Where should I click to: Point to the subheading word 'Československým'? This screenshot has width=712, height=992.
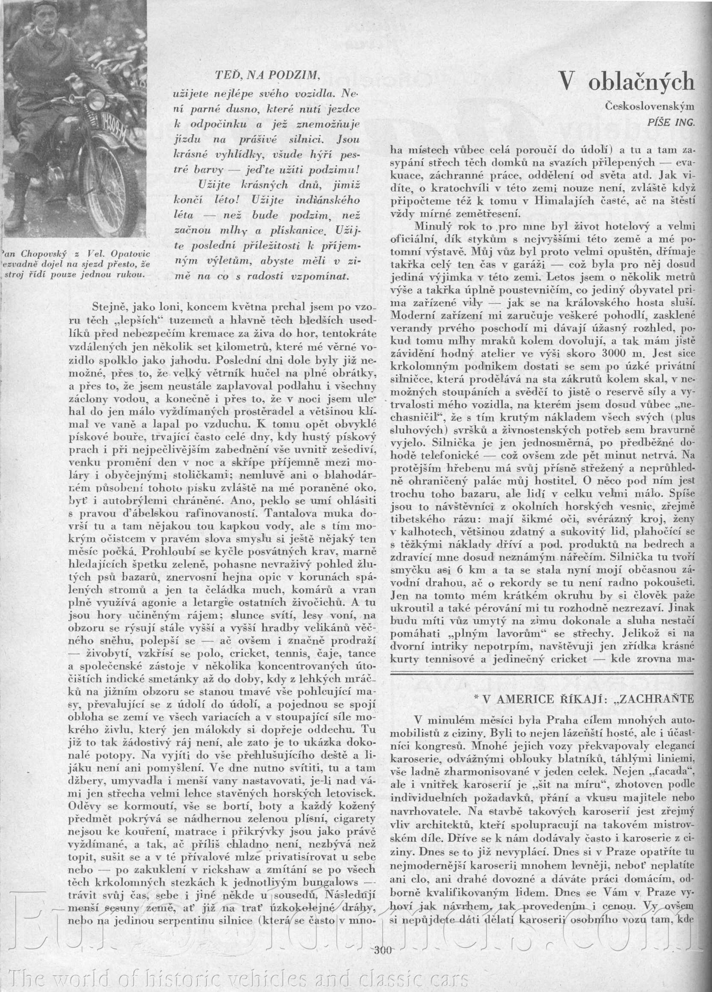(x=650, y=106)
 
